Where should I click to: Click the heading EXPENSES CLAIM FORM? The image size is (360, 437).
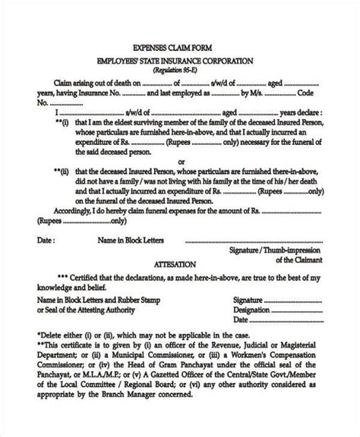(180, 46)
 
